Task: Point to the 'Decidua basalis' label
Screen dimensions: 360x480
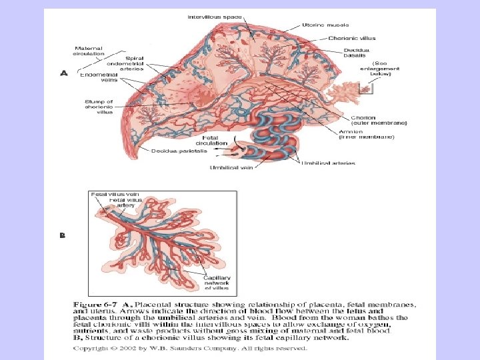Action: [x=360, y=53]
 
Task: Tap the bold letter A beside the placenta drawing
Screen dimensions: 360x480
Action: [x=64, y=74]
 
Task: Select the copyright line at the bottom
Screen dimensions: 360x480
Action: [x=189, y=348]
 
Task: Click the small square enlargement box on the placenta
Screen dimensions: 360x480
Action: [x=365, y=87]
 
